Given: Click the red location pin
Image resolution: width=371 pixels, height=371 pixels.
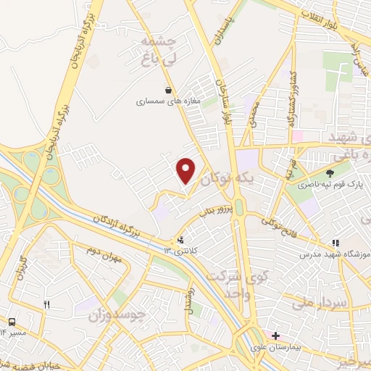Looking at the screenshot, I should pos(186,170).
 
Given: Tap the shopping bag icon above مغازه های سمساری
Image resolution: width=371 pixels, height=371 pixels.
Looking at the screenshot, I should pos(169,91).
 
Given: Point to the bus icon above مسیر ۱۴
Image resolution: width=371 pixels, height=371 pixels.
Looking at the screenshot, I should pos(12,321).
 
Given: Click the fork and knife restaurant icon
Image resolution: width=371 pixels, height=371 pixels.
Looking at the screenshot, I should pos(47,305).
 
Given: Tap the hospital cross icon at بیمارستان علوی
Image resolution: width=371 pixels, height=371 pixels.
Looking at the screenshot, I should pos(275,335).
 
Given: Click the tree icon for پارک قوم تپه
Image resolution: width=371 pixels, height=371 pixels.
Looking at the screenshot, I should pos(330,173).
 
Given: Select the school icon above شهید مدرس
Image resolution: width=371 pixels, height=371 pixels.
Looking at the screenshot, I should pos(335,243).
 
